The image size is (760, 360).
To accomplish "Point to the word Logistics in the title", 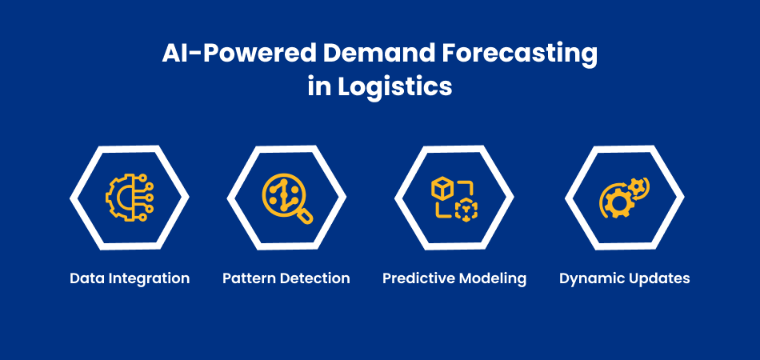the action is click(395, 88).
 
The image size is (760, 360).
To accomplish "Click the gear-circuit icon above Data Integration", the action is click(129, 198).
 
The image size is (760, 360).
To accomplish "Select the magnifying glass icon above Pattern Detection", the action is click(287, 198).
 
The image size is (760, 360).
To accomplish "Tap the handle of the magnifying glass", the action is click(305, 215).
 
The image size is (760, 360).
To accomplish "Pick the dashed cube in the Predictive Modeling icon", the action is click(466, 210).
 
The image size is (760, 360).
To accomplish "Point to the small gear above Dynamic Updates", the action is click(637, 186).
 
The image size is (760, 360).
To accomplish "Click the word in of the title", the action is click(319, 87).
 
